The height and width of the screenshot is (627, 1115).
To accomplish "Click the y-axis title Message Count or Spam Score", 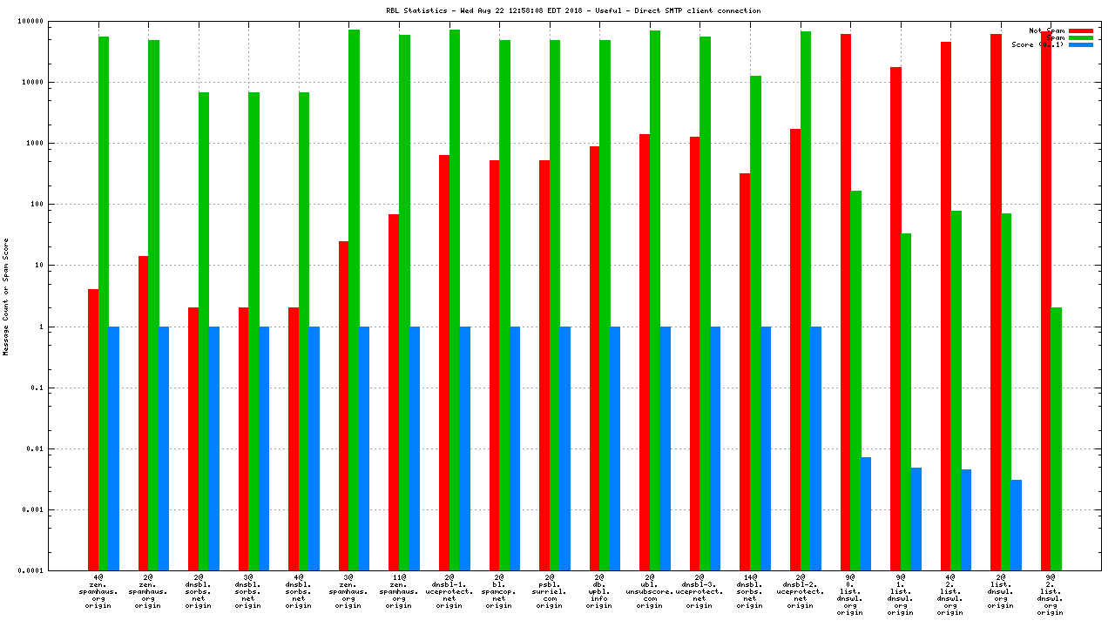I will coord(6,296).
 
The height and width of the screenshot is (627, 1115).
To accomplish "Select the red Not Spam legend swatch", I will coord(1080,30).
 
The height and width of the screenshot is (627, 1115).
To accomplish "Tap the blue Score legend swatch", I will coord(1080,44).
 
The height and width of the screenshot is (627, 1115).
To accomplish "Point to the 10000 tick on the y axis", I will coord(64,83).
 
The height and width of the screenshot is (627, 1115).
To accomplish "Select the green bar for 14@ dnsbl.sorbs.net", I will coord(755,323).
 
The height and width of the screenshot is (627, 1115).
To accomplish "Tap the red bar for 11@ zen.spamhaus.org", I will coord(394,392).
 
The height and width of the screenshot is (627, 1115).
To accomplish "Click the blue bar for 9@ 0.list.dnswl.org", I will coord(866,514).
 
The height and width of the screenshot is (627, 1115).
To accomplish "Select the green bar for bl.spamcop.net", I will coord(504,305).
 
